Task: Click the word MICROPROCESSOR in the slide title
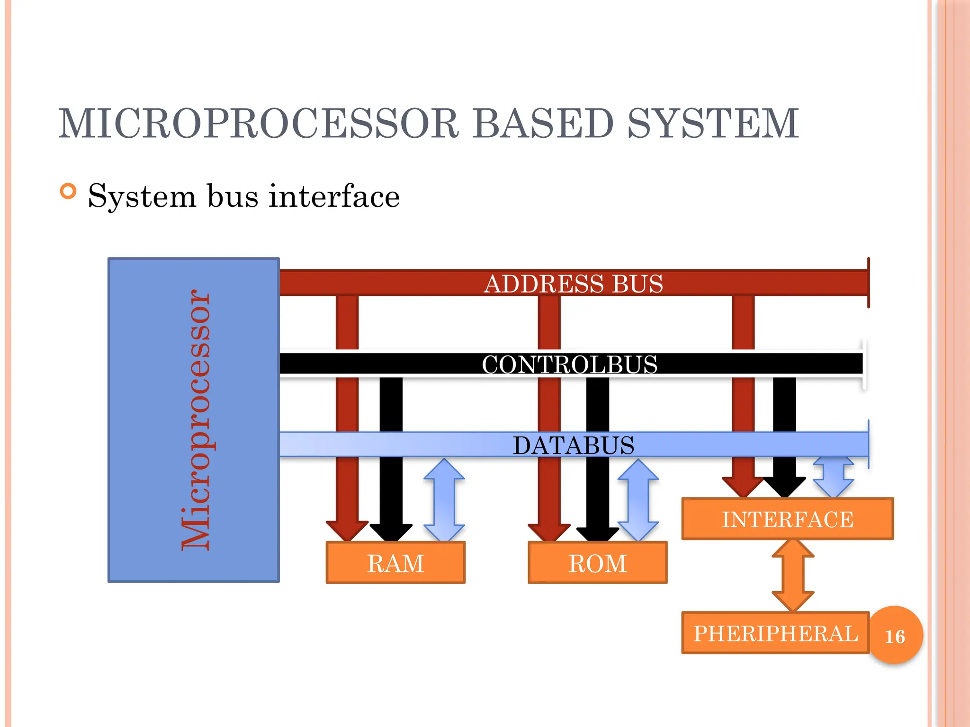[258, 124]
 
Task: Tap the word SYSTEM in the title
[713, 124]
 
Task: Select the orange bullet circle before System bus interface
[68, 192]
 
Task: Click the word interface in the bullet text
[334, 196]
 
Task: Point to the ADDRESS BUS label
[573, 284]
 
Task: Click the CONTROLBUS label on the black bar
[570, 364]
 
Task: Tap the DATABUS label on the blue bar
[573, 445]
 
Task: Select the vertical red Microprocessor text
[195, 420]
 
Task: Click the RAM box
[395, 563]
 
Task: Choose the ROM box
[597, 563]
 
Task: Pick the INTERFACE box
[787, 519]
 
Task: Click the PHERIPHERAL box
[775, 633]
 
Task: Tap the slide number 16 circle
[895, 636]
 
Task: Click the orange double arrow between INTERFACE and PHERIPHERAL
[793, 575]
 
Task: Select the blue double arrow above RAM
[444, 500]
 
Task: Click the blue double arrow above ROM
[638, 500]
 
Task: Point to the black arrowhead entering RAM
[391, 532]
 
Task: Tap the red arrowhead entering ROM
[549, 532]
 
